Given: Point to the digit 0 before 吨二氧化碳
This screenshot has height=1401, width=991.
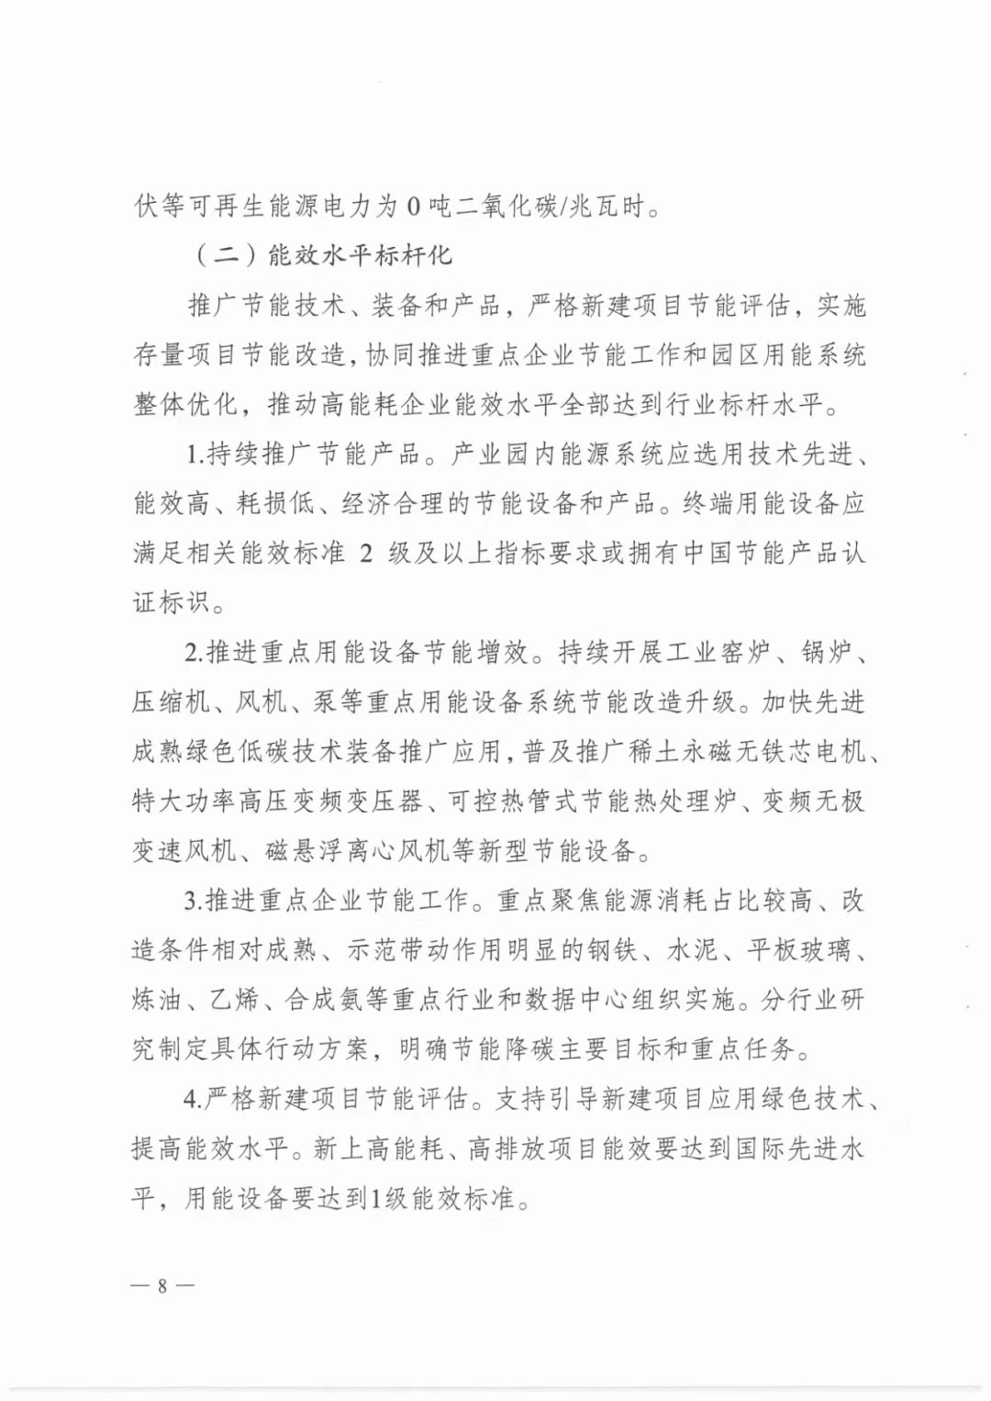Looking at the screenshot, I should click(413, 207).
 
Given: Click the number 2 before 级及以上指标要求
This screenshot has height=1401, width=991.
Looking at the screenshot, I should click(365, 554).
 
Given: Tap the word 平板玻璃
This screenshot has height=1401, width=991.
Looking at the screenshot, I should click(797, 950).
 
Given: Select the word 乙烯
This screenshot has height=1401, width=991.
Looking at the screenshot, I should click(234, 1000).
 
